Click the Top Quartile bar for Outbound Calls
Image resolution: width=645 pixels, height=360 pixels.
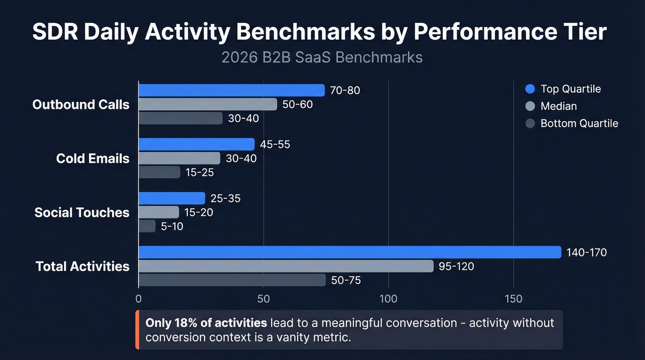[231, 90]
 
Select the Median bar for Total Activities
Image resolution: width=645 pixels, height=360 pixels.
[286, 266]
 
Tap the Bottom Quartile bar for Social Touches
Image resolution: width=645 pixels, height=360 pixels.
[147, 226]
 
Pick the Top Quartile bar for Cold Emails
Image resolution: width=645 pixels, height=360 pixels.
[196, 144]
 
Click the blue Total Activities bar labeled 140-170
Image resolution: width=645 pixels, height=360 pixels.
[349, 252]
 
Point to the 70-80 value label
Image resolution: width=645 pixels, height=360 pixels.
[345, 90]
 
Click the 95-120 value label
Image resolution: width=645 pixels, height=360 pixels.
[456, 266]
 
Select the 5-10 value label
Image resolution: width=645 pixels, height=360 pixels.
[172, 226]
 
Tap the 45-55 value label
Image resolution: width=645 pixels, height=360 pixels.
[275, 144]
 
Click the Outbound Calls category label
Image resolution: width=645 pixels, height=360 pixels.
[81, 105]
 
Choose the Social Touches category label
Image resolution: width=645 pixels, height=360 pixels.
[82, 212]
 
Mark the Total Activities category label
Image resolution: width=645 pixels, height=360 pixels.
[82, 266]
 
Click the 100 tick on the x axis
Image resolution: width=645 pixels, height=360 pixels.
[388, 299]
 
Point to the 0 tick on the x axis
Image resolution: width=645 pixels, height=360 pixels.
[139, 299]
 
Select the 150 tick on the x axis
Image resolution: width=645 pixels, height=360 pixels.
[513, 299]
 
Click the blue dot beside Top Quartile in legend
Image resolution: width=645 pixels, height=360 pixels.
[530, 89]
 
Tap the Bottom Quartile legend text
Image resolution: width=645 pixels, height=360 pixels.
[579, 124]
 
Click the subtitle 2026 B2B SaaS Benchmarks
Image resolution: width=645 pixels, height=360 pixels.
[322, 57]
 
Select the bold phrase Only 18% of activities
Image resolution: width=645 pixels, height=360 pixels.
[206, 323]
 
